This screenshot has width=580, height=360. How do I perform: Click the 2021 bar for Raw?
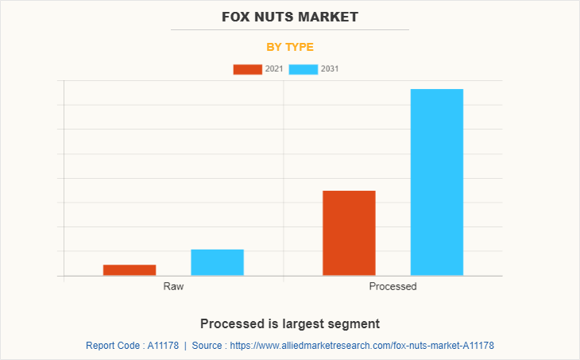click(130, 270)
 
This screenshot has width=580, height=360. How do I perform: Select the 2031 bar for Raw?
click(217, 262)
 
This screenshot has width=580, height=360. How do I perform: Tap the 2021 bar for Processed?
click(349, 233)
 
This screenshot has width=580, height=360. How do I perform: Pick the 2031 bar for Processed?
click(436, 182)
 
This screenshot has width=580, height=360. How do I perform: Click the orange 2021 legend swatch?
click(247, 69)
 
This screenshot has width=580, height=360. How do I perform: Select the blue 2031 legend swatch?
click(304, 69)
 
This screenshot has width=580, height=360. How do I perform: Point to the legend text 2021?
click(274, 69)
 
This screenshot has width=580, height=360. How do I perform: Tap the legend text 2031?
click(330, 69)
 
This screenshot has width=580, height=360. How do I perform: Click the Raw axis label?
click(173, 286)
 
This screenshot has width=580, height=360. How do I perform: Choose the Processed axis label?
click(392, 286)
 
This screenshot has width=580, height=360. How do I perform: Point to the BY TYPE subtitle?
click(290, 47)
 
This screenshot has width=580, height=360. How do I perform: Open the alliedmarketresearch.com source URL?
click(362, 346)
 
